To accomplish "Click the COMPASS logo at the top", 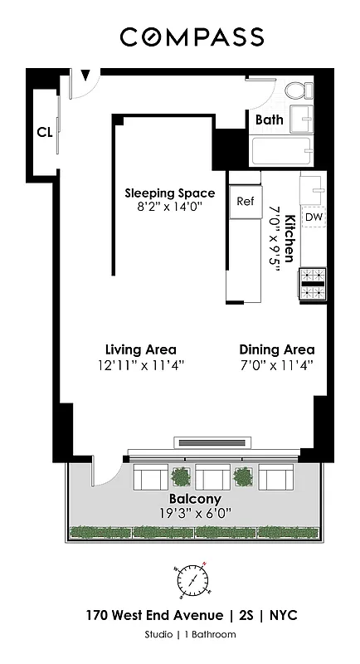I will pos(192,37).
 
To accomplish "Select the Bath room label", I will pos(269,120).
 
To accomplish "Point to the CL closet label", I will pos(44,131).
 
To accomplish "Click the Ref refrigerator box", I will pos(245,202).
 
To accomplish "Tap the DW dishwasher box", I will pos(314,217).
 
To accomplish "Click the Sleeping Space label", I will pos(169,193).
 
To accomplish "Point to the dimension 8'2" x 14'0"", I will pos(169,208).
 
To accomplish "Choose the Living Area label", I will pos(140,349).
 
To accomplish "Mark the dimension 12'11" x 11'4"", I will pos(140,364).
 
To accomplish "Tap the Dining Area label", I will pos(276,349).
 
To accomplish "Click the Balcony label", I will pos(195,499).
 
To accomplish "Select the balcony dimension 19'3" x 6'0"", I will pos(195,513).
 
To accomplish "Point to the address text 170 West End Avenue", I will pos(157,616).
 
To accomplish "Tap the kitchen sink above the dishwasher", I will pos(313,187).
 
